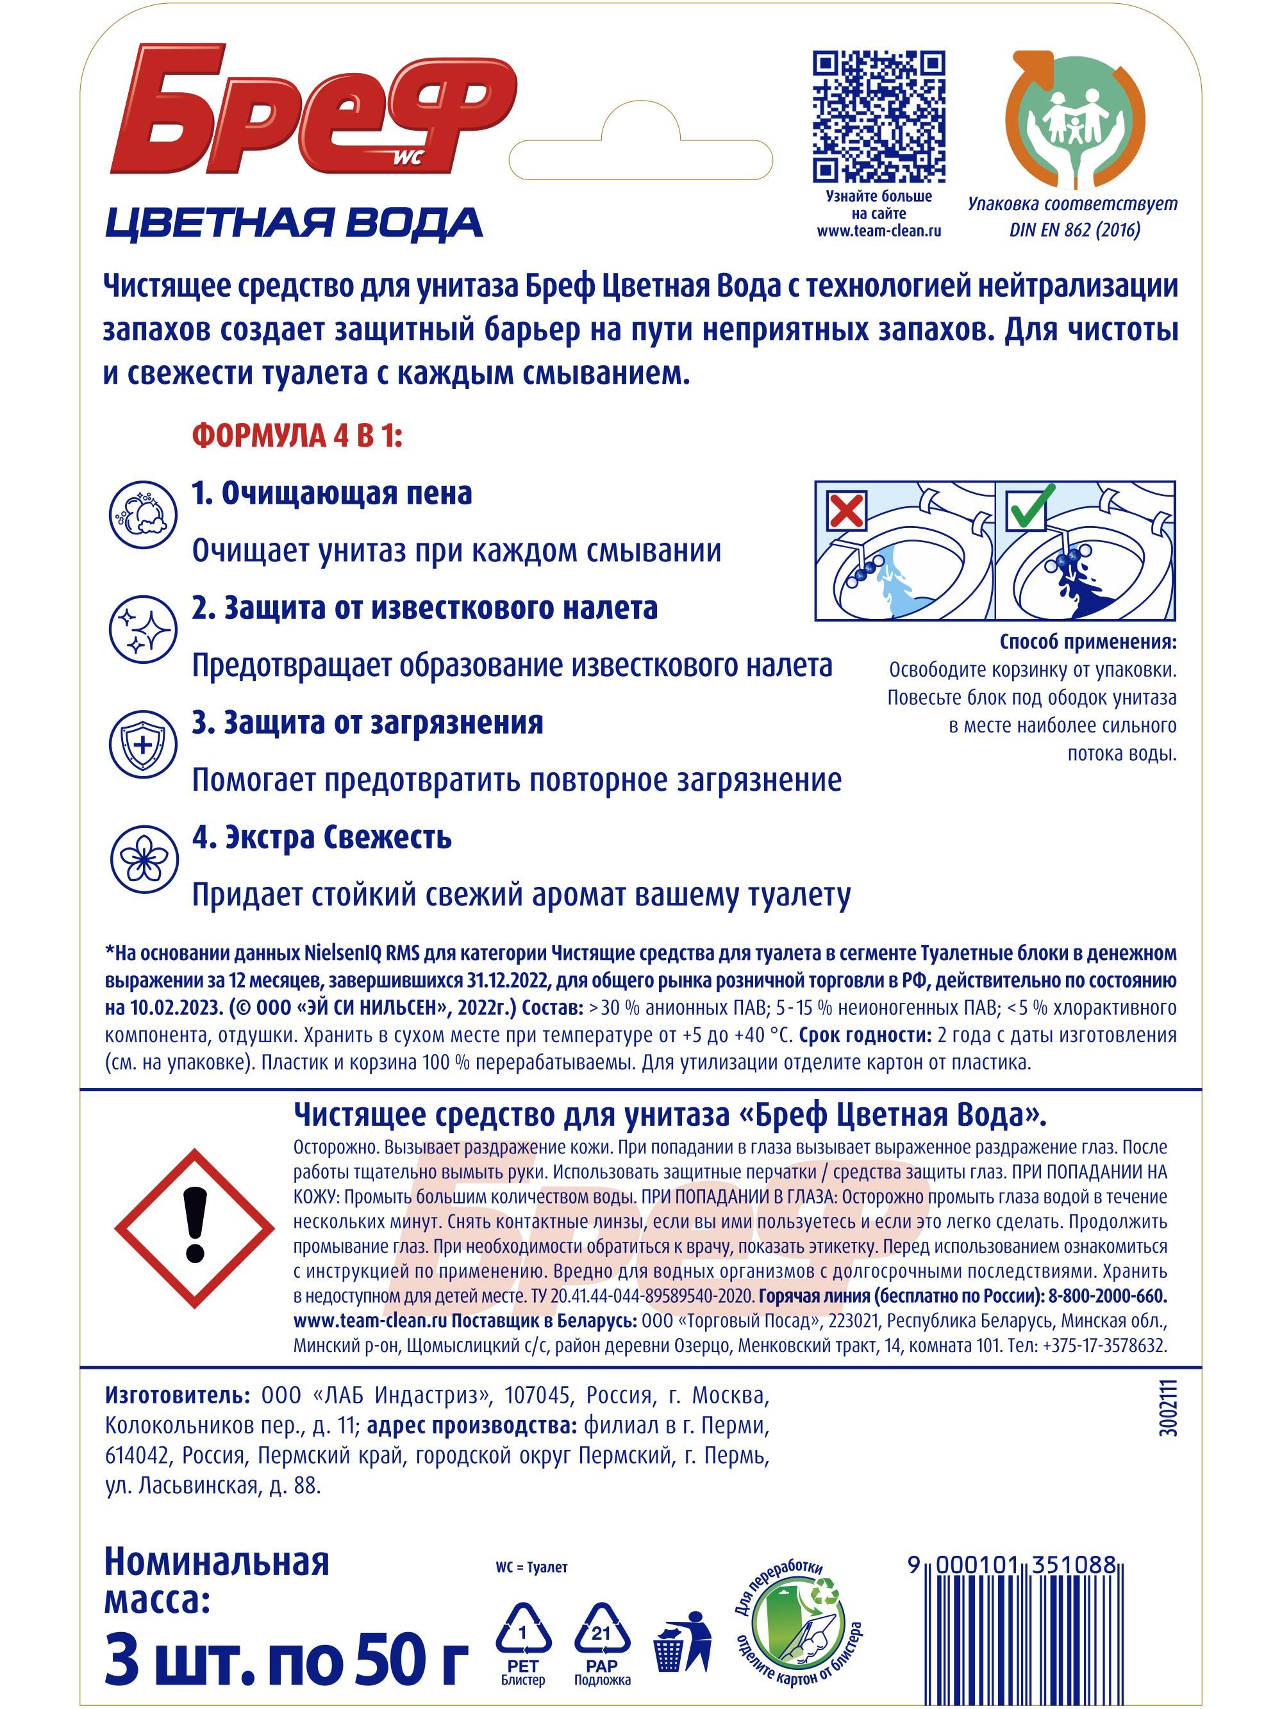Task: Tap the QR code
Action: point(879,117)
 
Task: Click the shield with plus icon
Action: point(143,743)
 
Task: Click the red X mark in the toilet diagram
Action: point(847,511)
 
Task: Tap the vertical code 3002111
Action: point(1169,1408)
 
